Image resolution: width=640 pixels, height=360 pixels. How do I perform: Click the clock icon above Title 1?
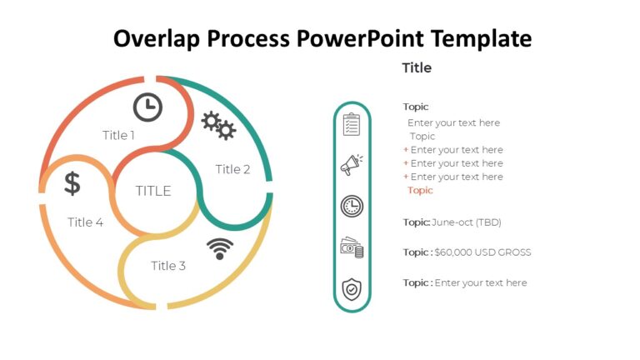tap(147, 107)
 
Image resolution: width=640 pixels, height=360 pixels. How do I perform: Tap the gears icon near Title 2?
tap(219, 125)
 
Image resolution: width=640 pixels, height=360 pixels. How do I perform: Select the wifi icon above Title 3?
tap(219, 247)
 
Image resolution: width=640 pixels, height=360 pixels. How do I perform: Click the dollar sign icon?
tap(72, 183)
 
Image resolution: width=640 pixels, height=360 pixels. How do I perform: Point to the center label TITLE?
tap(153, 191)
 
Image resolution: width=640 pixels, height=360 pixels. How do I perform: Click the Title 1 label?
tap(118, 135)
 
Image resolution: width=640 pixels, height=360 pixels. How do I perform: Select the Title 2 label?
tap(232, 169)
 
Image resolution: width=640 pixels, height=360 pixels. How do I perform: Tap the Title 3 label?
tap(168, 266)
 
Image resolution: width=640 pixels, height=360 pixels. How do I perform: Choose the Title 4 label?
tap(85, 222)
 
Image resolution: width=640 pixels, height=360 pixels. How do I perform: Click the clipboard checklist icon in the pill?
tap(352, 125)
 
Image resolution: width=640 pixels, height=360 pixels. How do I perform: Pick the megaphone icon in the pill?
tap(352, 165)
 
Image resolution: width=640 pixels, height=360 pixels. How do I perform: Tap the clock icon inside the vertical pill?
tap(352, 206)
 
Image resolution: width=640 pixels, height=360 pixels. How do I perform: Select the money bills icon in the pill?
tap(352, 247)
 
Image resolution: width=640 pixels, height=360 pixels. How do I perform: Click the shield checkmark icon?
tap(352, 289)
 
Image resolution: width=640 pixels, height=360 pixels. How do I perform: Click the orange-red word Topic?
tap(420, 190)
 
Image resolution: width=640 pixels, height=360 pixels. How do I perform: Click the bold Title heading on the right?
tap(417, 67)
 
